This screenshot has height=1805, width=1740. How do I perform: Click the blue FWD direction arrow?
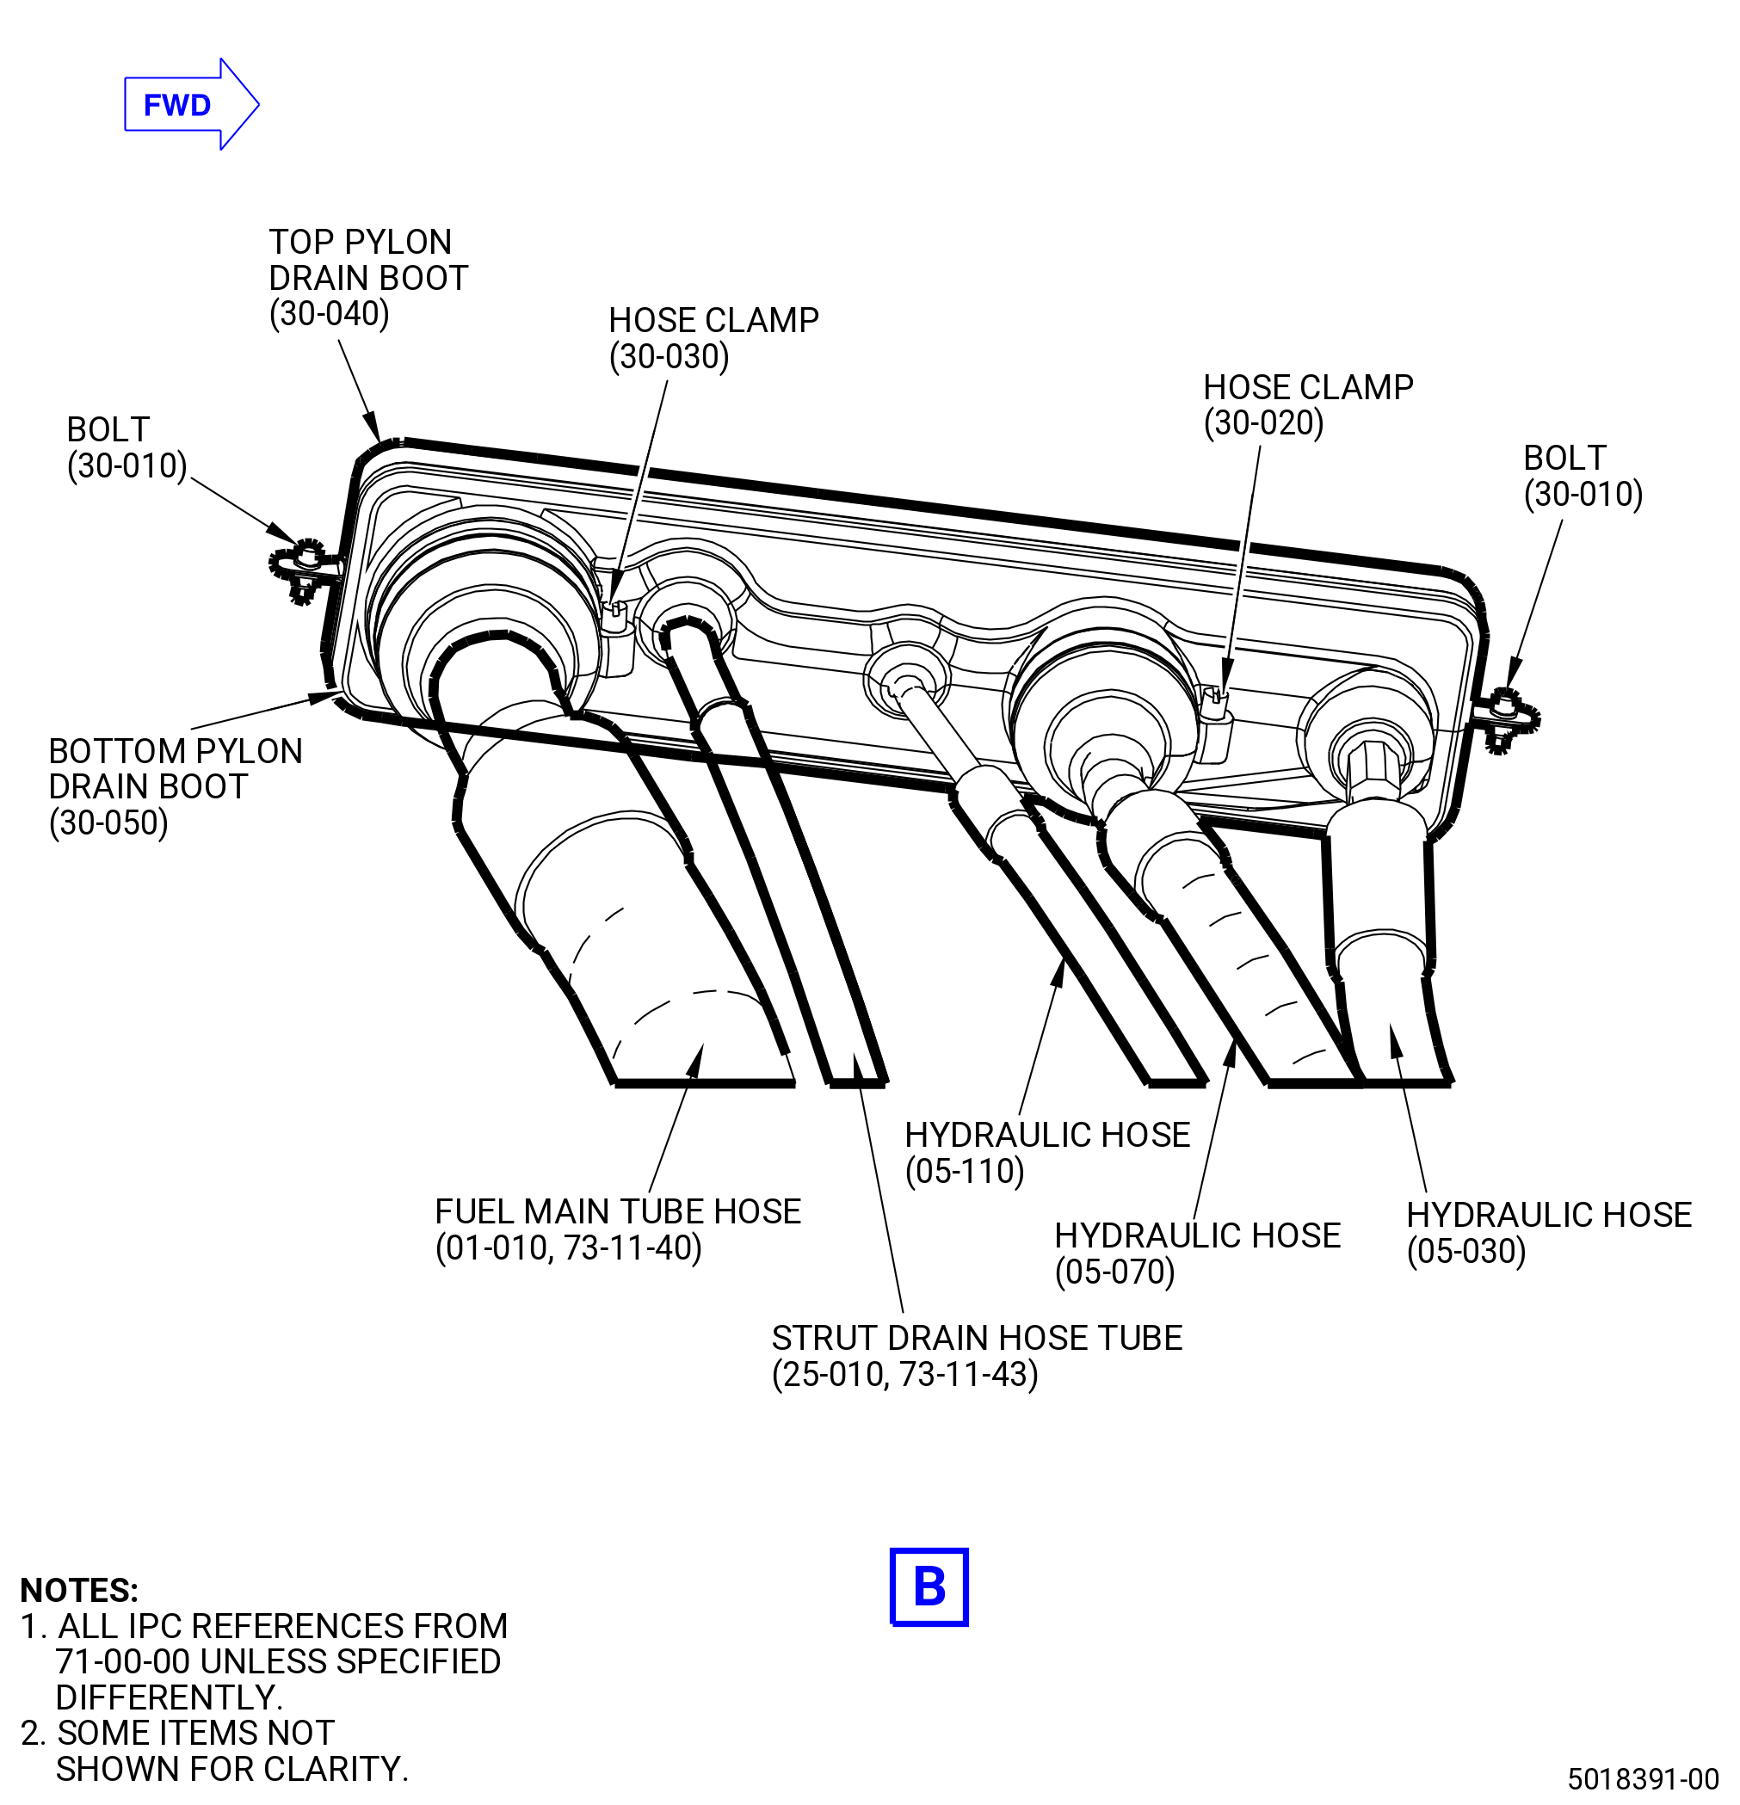click(192, 105)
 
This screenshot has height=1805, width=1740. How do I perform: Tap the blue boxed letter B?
click(929, 1586)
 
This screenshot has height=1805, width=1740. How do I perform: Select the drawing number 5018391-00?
click(1644, 1777)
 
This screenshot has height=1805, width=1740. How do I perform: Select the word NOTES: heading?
click(79, 1591)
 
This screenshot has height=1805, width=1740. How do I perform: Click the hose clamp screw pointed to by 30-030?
click(614, 611)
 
